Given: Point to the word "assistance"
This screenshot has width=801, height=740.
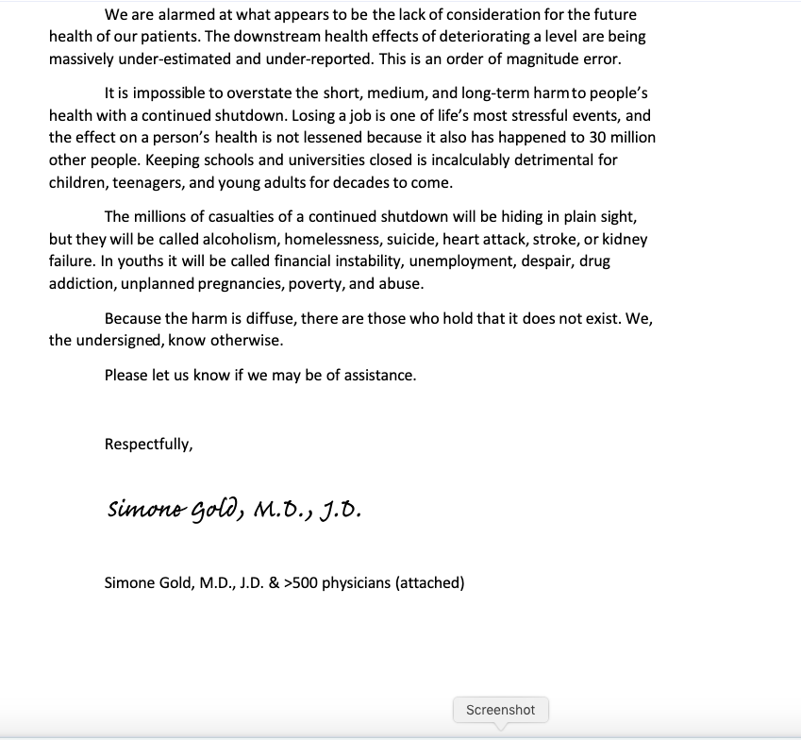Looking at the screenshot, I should pyautogui.click(x=377, y=376).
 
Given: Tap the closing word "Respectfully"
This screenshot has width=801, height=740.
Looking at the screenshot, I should pyautogui.click(x=148, y=444).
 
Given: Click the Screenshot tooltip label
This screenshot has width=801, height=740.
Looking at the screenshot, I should pyautogui.click(x=500, y=710).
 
